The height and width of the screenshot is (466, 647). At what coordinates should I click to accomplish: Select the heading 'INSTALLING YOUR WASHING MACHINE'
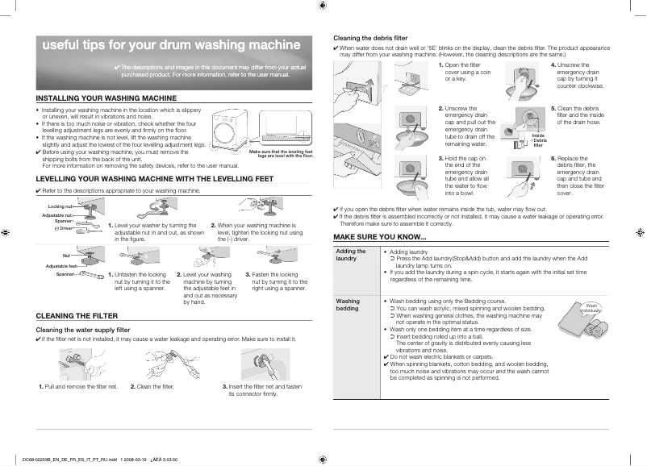pos(106,98)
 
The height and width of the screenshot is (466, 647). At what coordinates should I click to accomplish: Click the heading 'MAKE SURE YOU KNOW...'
pos(380,236)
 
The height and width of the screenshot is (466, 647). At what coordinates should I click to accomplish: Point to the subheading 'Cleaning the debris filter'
pos(370,38)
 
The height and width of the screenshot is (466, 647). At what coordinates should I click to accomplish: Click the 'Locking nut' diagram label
pos(61,207)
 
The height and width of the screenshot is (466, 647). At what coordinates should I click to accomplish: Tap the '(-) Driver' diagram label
pos(64,228)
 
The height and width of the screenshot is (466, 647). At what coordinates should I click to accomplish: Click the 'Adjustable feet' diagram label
pos(61,266)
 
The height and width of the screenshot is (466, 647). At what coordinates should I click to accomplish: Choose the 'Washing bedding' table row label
pos(348,305)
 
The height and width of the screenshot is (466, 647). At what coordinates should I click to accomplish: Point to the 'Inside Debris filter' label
pos(539,139)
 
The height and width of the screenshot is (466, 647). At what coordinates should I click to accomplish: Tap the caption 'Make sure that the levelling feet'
pos(281,152)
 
